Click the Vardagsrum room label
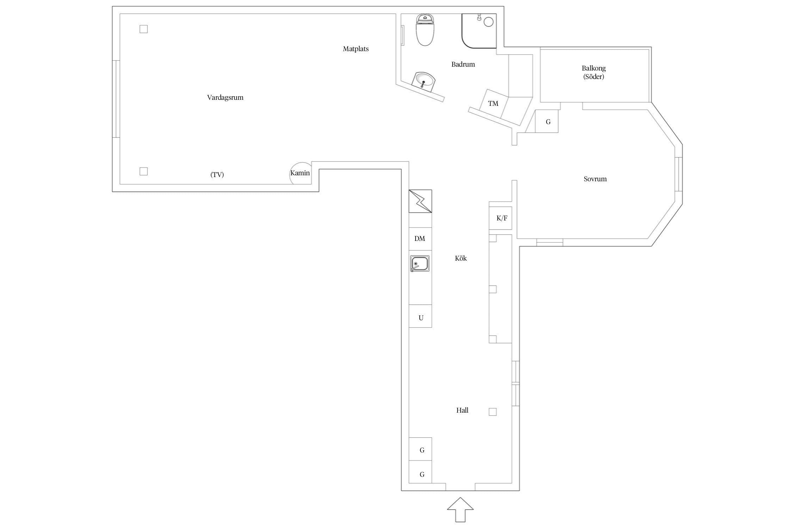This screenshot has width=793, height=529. click(225, 98)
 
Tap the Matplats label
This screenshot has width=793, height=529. click(356, 49)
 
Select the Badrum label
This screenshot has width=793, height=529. click(463, 64)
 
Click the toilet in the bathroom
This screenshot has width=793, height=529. click(425, 30)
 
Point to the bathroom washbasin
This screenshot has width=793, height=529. click(424, 81)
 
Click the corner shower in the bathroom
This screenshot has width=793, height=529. click(479, 31)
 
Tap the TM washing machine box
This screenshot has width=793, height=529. click(493, 103)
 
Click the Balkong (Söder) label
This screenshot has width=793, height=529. click(594, 72)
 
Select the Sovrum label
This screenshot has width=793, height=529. click(595, 179)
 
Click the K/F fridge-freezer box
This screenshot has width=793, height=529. click(500, 218)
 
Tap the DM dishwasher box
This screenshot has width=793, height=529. click(420, 239)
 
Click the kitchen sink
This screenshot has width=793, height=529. click(420, 263)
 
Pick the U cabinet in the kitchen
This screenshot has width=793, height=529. click(420, 316)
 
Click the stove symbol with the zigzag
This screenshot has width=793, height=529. click(420, 201)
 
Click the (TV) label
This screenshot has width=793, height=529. click(217, 175)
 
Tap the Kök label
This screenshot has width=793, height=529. click(461, 259)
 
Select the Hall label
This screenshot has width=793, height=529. click(462, 410)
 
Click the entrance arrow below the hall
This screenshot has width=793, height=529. click(460, 510)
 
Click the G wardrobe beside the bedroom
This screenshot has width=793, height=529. click(547, 121)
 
